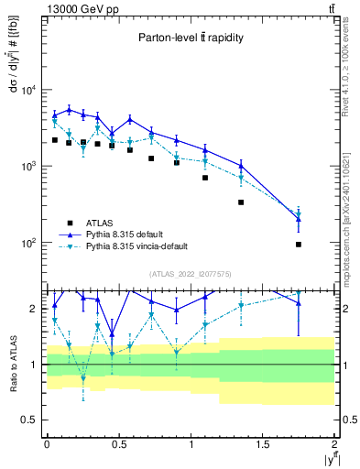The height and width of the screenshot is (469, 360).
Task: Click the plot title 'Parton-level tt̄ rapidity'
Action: pos(191,38)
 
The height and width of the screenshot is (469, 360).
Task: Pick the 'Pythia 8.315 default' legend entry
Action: pos(130,234)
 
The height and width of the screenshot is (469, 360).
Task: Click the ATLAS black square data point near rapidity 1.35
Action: pos(241,202)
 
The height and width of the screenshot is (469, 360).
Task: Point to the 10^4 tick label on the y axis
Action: pos(27,90)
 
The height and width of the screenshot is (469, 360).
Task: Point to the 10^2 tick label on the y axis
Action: pos(27,244)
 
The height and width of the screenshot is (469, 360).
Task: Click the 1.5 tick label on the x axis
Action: pos(263,443)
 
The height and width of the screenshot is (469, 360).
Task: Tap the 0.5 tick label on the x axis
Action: pos(118,443)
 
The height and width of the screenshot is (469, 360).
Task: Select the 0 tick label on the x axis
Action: pos(47,443)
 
